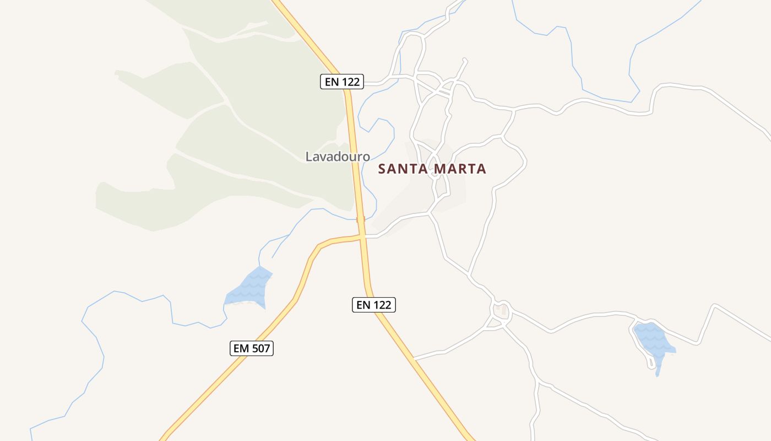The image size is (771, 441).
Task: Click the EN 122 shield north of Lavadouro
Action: coord(341,82)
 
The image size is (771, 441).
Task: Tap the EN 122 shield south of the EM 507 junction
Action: coord(373,304)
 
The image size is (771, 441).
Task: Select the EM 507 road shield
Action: coord(251,348)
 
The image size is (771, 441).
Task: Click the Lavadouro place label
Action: coord(338,157)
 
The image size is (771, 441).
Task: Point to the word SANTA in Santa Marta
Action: coord(403,169)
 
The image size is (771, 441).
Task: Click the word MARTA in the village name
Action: coord(460,169)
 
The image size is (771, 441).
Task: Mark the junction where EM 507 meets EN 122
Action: coord(362,236)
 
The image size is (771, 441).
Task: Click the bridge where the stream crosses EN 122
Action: coord(361,219)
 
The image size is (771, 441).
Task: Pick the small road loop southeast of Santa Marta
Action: coord(501,311)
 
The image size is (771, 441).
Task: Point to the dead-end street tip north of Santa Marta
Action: coord(465,59)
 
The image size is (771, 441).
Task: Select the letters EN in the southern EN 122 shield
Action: coord(363,304)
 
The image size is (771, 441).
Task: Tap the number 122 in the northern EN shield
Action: coord(350,82)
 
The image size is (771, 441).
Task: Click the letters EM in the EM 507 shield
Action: coord(241,348)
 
